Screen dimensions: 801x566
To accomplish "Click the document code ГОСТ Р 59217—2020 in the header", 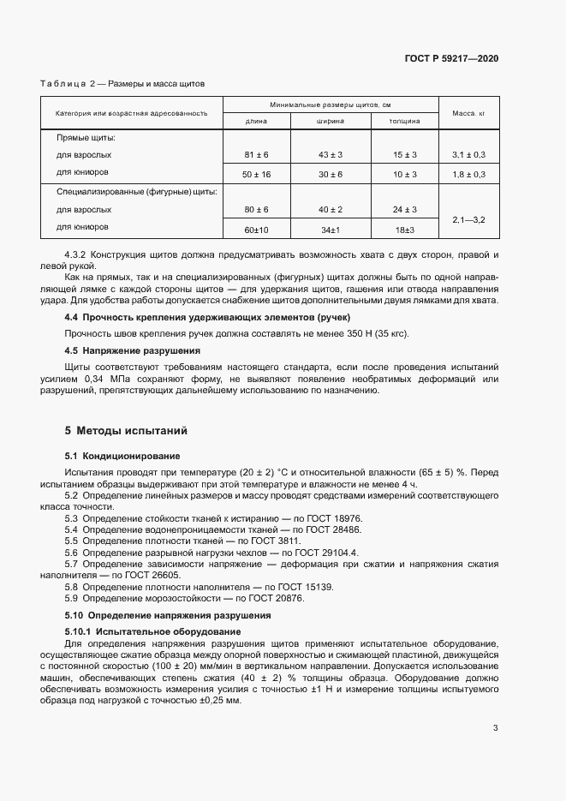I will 451,59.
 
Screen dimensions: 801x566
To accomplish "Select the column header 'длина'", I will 256,122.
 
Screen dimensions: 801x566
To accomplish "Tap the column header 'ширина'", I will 330,122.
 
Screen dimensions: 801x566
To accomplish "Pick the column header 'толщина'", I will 404,122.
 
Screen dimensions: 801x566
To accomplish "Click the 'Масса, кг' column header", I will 468,113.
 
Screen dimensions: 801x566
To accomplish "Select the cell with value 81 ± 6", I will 256,155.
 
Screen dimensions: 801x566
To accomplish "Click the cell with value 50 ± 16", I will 256,174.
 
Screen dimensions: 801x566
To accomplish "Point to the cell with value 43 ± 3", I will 330,155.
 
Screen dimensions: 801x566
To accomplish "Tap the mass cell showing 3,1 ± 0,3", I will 468,155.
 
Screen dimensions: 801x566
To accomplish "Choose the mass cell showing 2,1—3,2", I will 468,220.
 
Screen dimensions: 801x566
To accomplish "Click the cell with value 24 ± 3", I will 404,209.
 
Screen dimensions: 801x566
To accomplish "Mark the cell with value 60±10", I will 256,230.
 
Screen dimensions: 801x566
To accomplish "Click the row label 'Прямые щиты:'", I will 86,137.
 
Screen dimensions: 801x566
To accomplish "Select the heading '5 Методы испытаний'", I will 126,430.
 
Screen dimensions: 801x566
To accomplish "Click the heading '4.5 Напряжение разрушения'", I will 133,350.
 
